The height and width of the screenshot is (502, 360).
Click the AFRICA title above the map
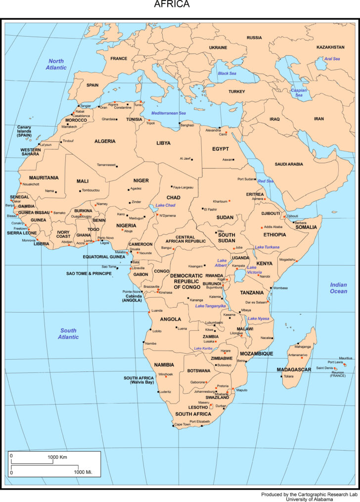pos(172,5)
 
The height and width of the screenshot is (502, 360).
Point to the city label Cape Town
pos(182,424)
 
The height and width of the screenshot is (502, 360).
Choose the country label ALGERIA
pos(105,141)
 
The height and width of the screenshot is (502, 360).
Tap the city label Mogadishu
pos(287,259)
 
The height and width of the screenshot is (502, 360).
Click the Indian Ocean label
pos(339,288)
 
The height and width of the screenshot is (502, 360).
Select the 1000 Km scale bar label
pos(57,457)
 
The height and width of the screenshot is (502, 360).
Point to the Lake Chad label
pos(165,205)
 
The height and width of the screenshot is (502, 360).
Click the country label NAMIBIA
pos(164,365)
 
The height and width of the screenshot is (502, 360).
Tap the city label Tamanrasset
pos(106,165)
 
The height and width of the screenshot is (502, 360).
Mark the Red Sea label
pos(266,181)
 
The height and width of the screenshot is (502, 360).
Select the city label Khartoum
pos(220,201)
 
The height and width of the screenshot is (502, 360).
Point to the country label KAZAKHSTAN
pos(330,47)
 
